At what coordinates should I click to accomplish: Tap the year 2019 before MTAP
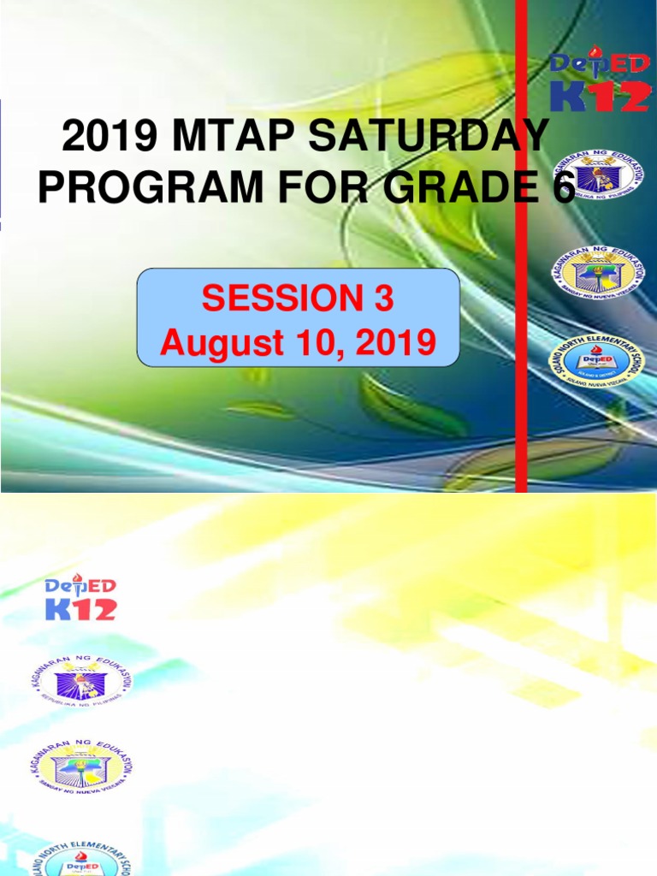click(x=100, y=138)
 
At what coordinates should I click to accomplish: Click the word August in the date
click(x=214, y=344)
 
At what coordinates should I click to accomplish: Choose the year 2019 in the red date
click(x=393, y=344)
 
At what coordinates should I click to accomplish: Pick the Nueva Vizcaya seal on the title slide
click(x=598, y=271)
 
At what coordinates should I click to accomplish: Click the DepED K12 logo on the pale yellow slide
click(x=80, y=596)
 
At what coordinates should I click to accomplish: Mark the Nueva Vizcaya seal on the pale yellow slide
click(x=82, y=767)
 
